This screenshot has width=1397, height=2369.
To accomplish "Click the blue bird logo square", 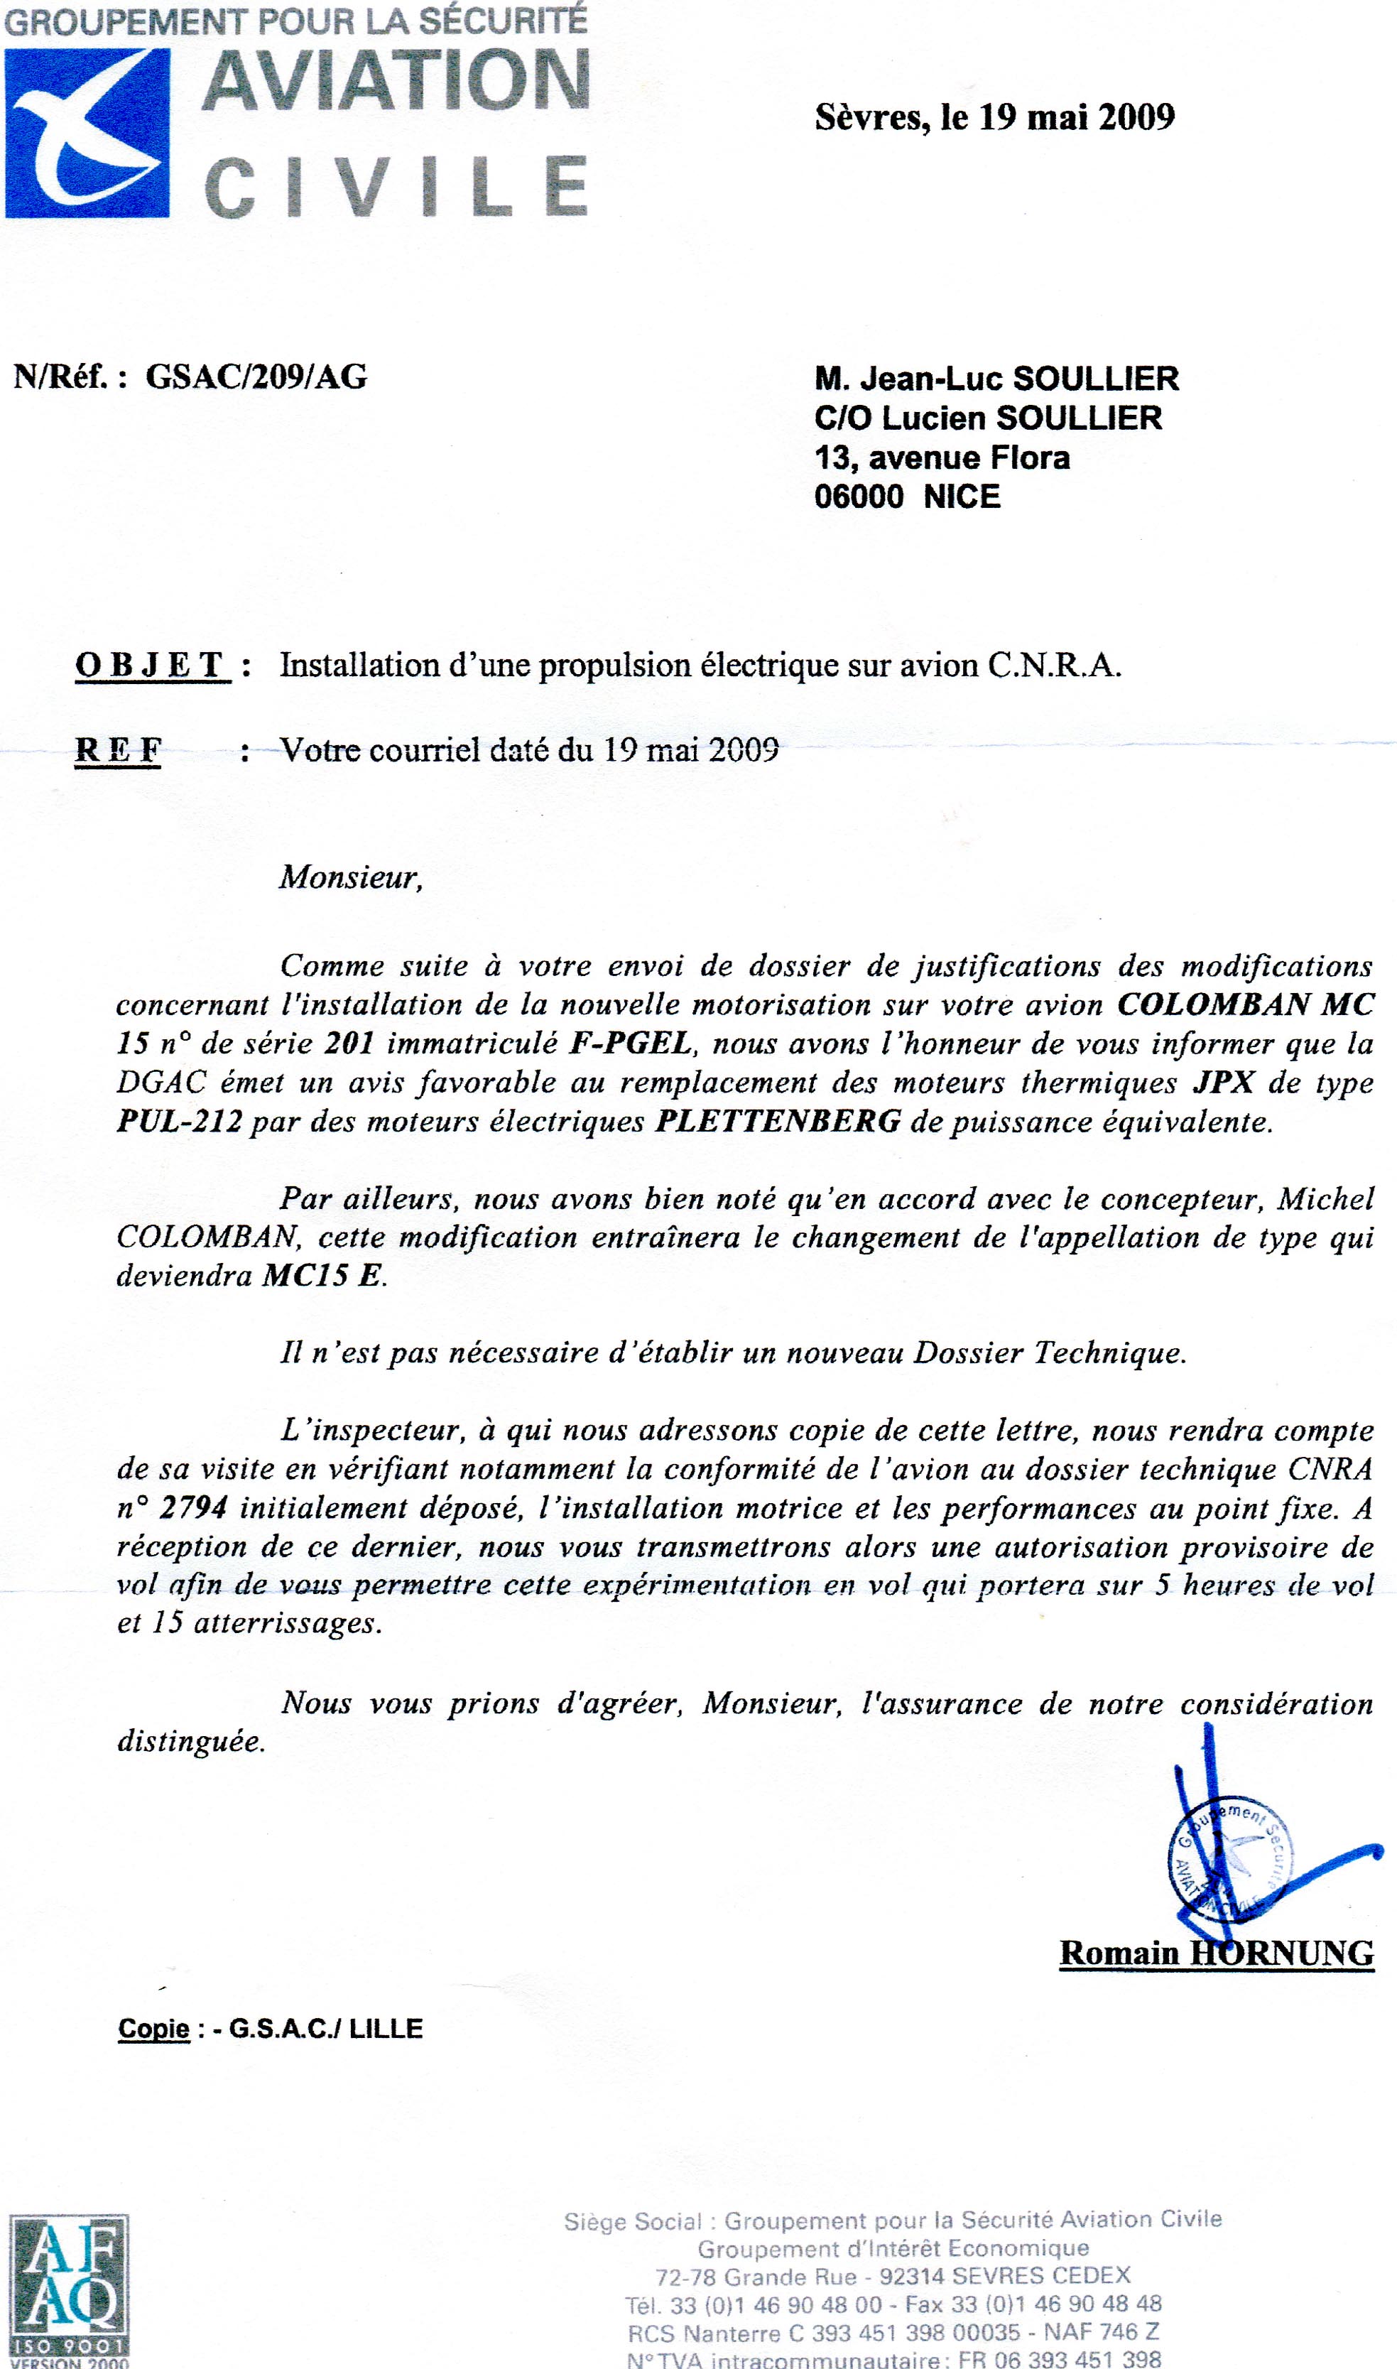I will pyautogui.click(x=87, y=133).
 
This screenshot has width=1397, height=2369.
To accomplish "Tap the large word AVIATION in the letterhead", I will pyautogui.click(x=396, y=81).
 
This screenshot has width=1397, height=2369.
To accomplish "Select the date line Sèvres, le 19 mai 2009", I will pyautogui.click(x=994, y=118).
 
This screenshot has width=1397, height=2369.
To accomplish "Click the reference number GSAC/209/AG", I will pyautogui.click(x=256, y=376).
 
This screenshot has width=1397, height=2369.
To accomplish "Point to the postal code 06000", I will pyautogui.click(x=859, y=497).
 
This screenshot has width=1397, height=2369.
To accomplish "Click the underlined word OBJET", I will pyautogui.click(x=151, y=666).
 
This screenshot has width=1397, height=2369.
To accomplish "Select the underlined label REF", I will pyautogui.click(x=118, y=750).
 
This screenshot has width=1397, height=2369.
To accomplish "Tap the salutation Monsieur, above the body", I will pyautogui.click(x=350, y=877).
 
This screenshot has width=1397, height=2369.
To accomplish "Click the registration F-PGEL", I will pyautogui.click(x=631, y=1044).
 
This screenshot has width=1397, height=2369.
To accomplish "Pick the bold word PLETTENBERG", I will pyautogui.click(x=778, y=1122).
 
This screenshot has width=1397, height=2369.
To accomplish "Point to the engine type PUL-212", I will pyautogui.click(x=179, y=1122).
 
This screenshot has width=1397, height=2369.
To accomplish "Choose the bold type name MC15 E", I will pyautogui.click(x=323, y=1276).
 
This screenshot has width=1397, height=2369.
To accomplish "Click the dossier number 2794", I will pyautogui.click(x=194, y=1508).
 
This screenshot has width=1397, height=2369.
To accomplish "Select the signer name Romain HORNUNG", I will pyautogui.click(x=1217, y=1953).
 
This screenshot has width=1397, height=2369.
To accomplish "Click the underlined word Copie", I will pyautogui.click(x=153, y=2029).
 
